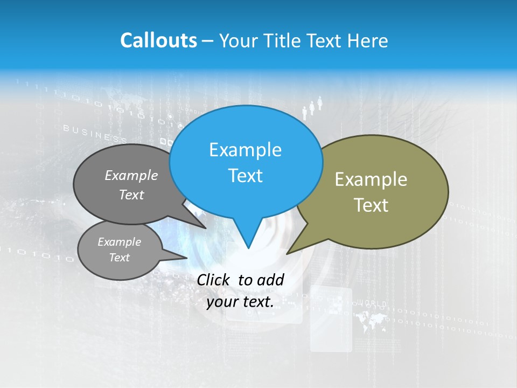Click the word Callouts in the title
(158, 40)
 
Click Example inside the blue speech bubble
(245, 150)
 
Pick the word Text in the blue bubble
(245, 176)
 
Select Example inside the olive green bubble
(371, 179)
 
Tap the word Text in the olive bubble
(371, 205)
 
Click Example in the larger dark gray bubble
(131, 175)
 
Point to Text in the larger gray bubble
(131, 195)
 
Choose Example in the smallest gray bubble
(120, 242)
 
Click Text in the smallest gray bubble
(120, 258)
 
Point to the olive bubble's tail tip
(288, 253)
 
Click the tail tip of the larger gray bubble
(205, 228)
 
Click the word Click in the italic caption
(214, 280)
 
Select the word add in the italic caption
(270, 280)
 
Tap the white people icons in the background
(312, 107)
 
